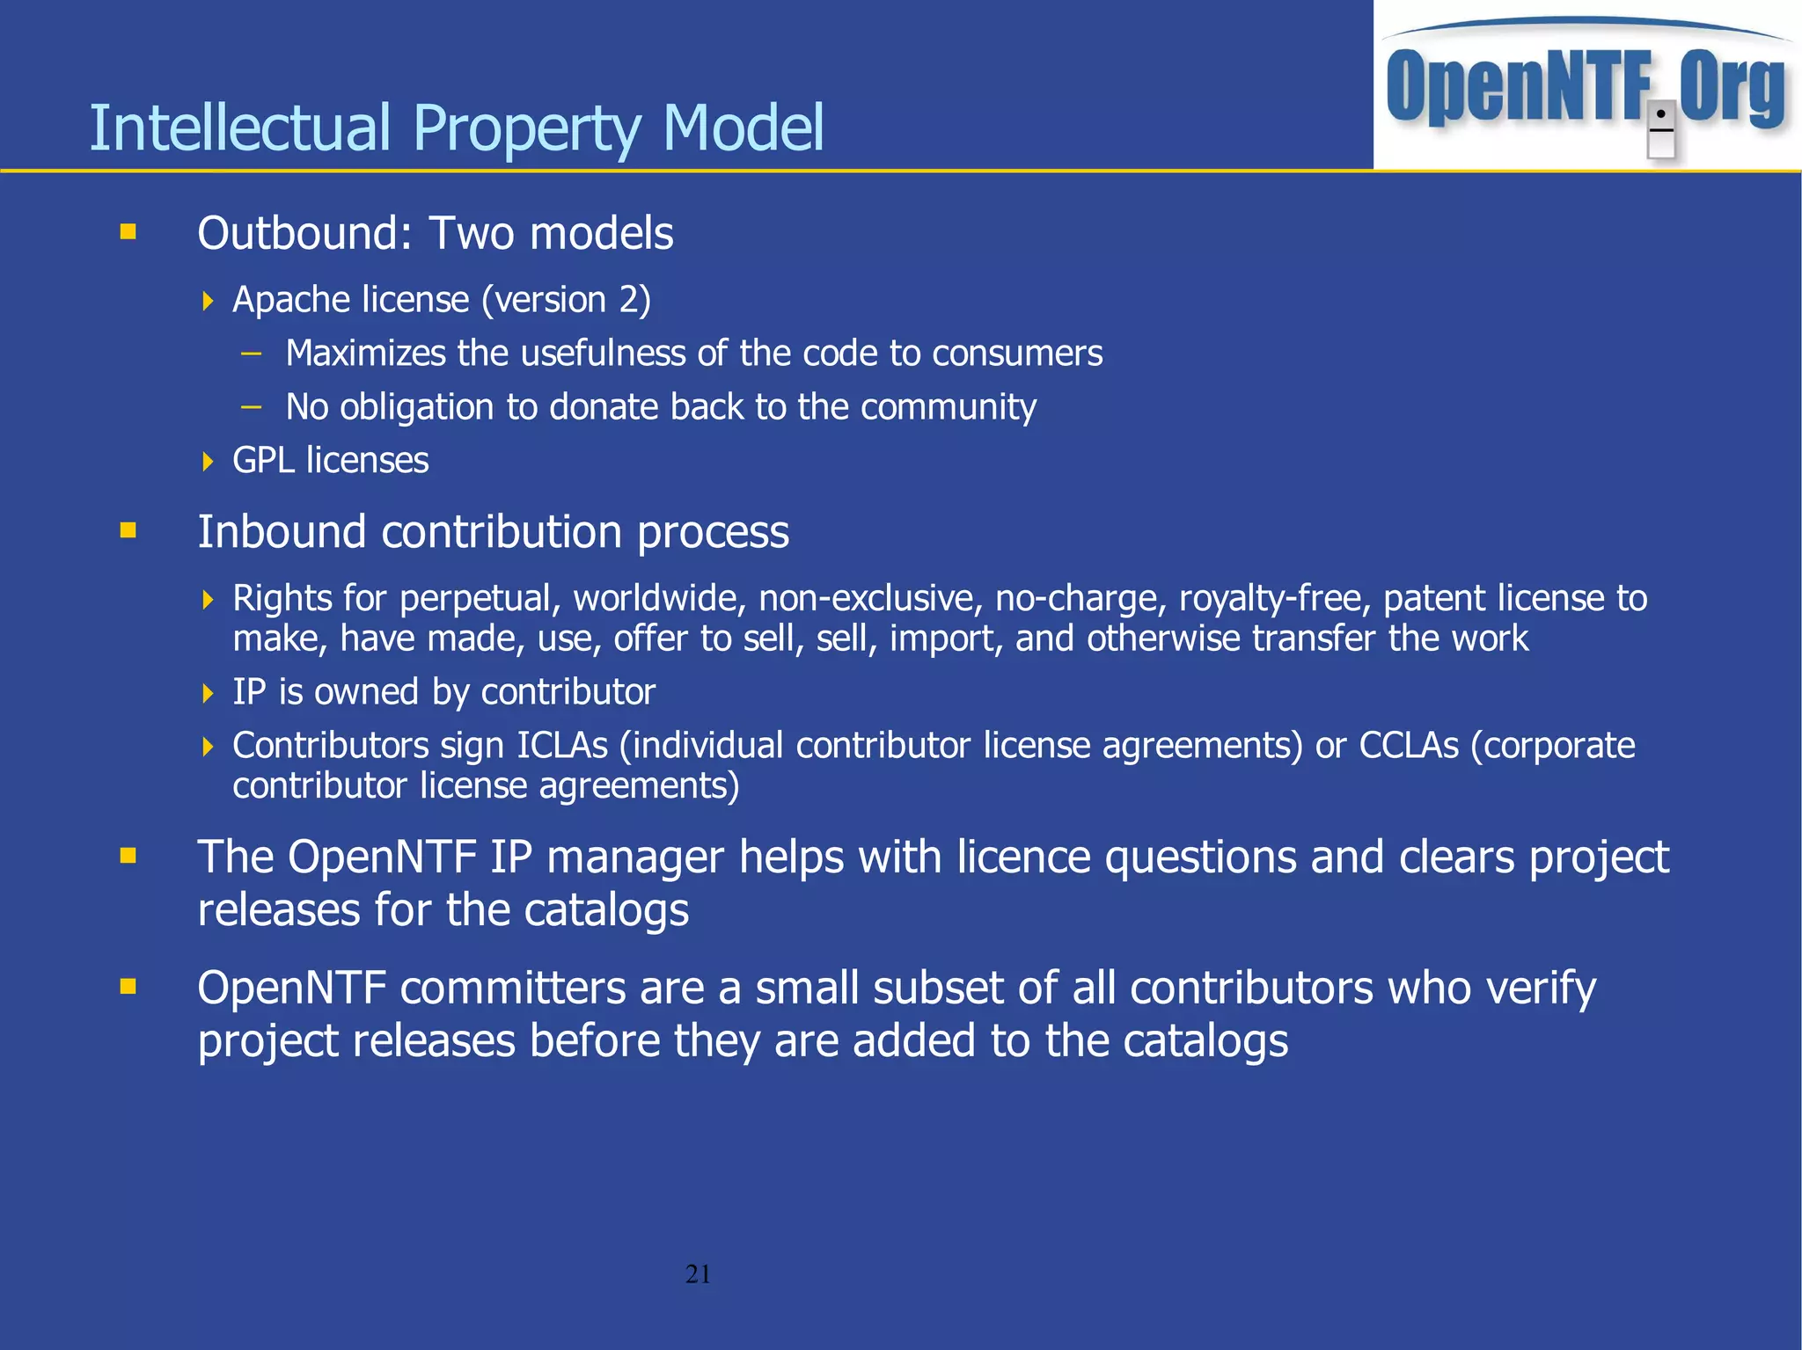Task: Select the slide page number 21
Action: click(698, 1273)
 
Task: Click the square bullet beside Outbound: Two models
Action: click(128, 232)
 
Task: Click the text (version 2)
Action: click(566, 301)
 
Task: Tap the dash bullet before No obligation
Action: click(252, 407)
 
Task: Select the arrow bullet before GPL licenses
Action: click(208, 462)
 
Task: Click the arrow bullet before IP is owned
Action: click(208, 694)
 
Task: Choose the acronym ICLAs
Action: click(561, 746)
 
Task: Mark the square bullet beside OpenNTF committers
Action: click(128, 987)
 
